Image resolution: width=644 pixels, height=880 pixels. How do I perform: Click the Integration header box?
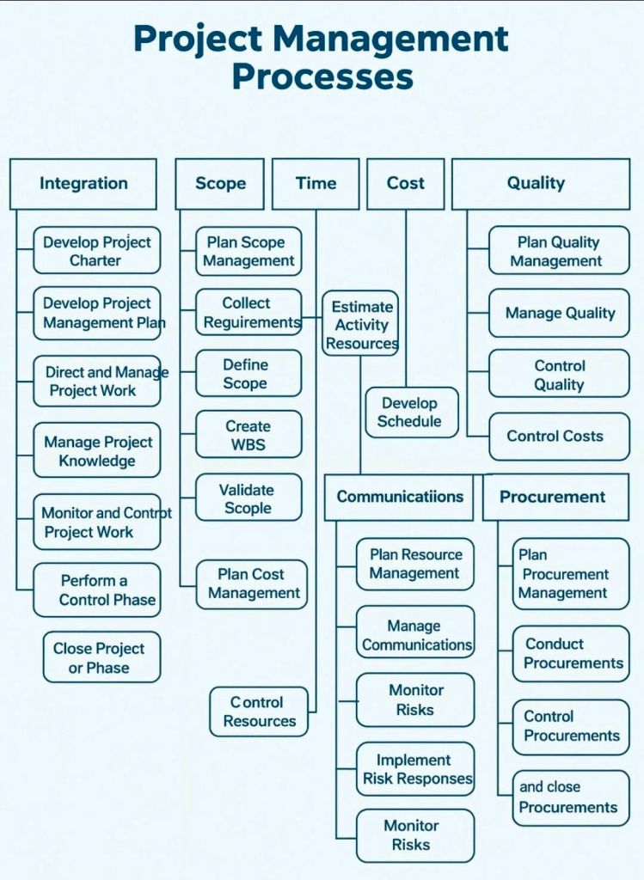point(83,183)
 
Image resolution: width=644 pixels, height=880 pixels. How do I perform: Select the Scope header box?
point(220,183)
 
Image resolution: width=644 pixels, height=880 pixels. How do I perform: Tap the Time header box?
point(316,183)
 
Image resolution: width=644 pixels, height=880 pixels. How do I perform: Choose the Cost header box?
point(406,183)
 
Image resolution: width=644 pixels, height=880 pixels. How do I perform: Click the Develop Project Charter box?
point(96,251)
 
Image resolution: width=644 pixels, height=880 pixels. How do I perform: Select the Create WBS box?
point(248,435)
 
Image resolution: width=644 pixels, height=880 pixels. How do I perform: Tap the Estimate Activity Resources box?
point(361,325)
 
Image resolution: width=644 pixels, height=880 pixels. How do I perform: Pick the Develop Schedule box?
point(411,412)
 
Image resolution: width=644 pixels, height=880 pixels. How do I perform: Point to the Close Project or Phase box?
point(101,657)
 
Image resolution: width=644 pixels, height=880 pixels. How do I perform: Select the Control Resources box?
point(259,712)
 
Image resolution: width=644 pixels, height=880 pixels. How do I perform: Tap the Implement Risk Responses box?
point(416,769)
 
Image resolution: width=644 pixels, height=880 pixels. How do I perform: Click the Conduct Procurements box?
point(572,653)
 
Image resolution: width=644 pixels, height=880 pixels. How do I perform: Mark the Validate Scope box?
point(248,498)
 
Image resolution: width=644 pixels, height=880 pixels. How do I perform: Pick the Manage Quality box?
point(559,313)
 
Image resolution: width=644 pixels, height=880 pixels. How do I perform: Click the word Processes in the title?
point(322,76)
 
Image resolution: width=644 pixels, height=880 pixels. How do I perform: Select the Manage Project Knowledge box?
point(96,450)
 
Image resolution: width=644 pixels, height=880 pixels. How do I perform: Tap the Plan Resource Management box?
point(415,564)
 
